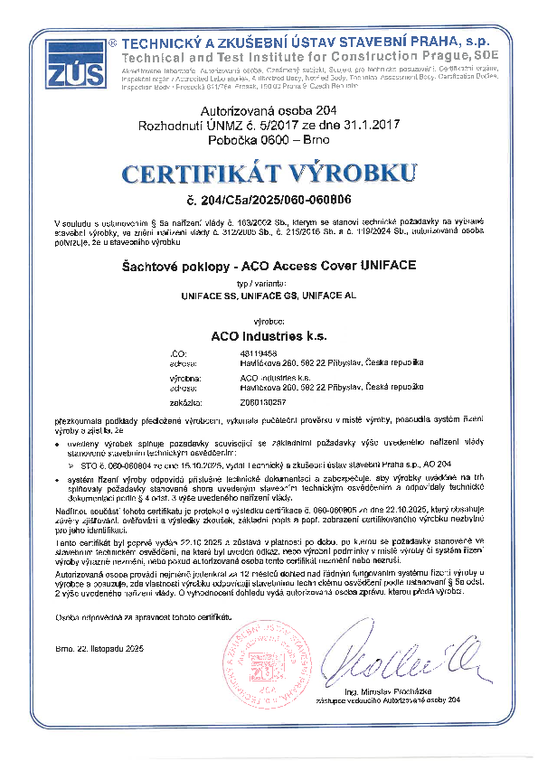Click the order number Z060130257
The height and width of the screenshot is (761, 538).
coord(241,400)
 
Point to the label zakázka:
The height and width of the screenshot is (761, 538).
coord(184,400)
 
